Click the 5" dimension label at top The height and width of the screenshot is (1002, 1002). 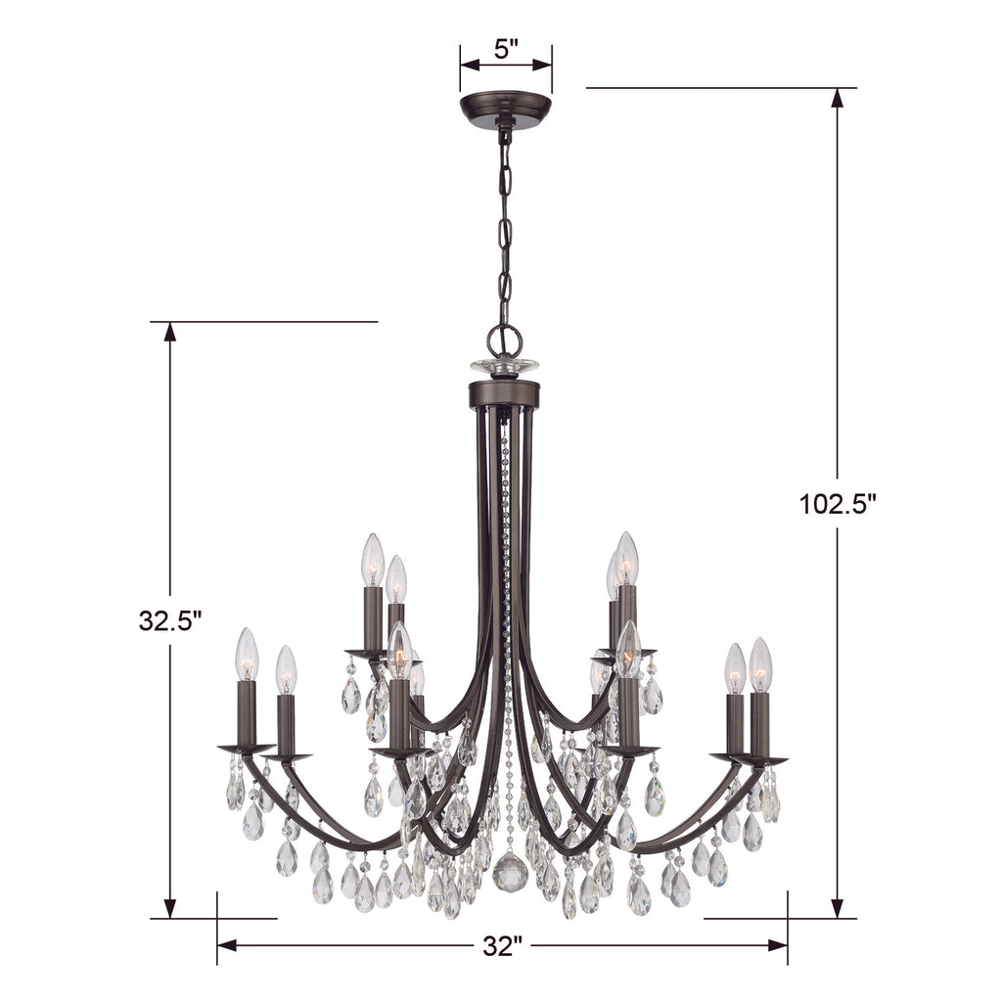click(x=506, y=49)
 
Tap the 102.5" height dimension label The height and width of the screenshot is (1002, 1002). click(x=836, y=505)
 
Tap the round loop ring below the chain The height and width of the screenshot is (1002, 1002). click(x=505, y=339)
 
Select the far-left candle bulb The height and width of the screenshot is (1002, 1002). click(x=247, y=654)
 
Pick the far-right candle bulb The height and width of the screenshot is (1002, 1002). click(x=760, y=664)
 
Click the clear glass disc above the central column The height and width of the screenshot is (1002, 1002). click(x=505, y=367)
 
